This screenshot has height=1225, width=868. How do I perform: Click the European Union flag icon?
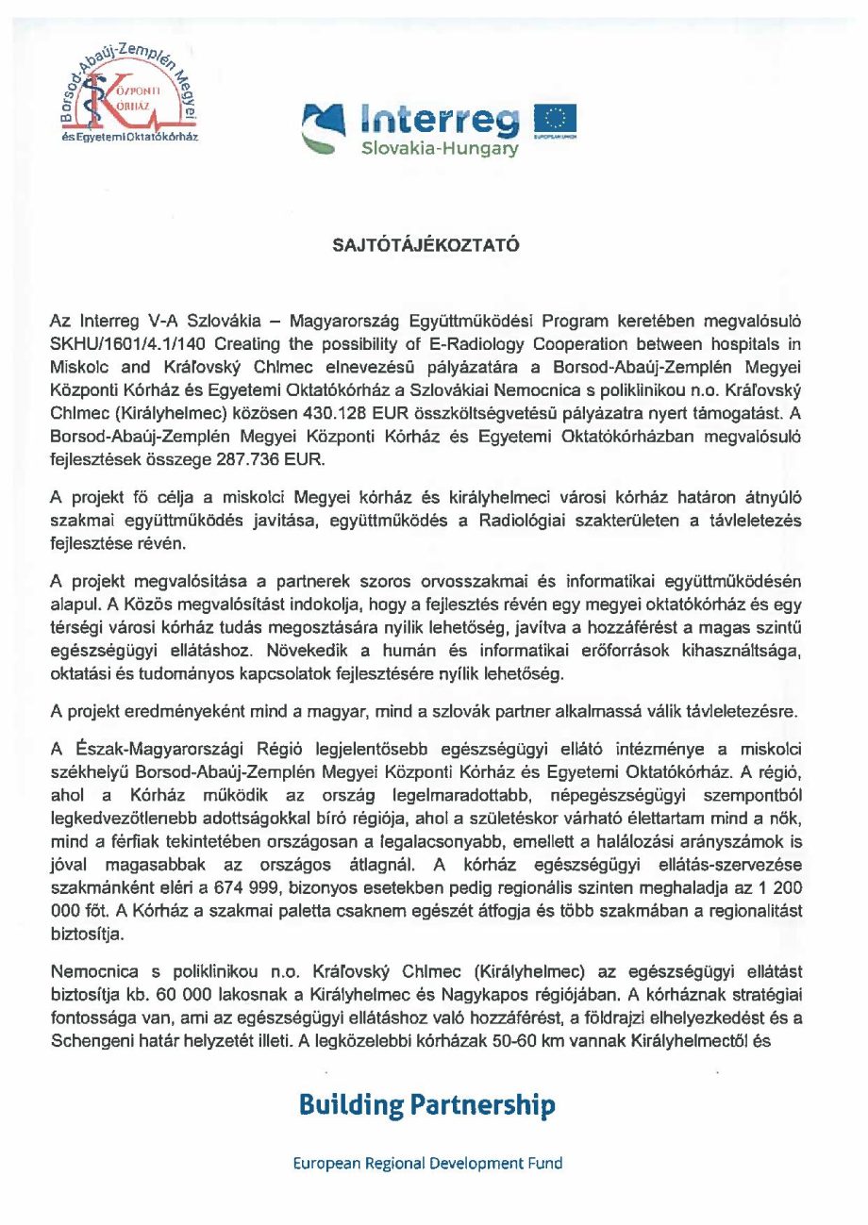pos(556,120)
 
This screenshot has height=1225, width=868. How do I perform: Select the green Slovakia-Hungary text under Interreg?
pos(441,150)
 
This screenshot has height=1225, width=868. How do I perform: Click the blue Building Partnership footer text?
pos(426,1104)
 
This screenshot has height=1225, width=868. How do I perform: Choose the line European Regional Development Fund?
pos(426,1163)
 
